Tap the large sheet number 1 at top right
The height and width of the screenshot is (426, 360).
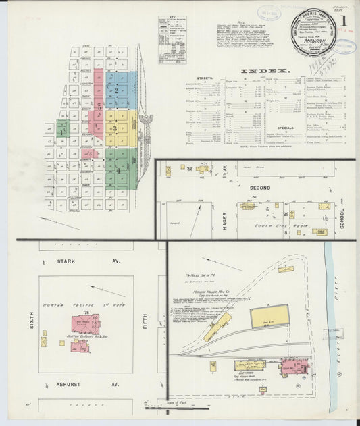344,20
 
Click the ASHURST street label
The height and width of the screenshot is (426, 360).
69,384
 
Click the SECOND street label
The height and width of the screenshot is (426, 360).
260,187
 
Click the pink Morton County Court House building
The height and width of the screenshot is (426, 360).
86,325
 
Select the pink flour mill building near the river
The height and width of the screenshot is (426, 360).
294,368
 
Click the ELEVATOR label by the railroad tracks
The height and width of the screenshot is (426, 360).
244,372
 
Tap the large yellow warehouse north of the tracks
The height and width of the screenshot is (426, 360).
269,317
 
